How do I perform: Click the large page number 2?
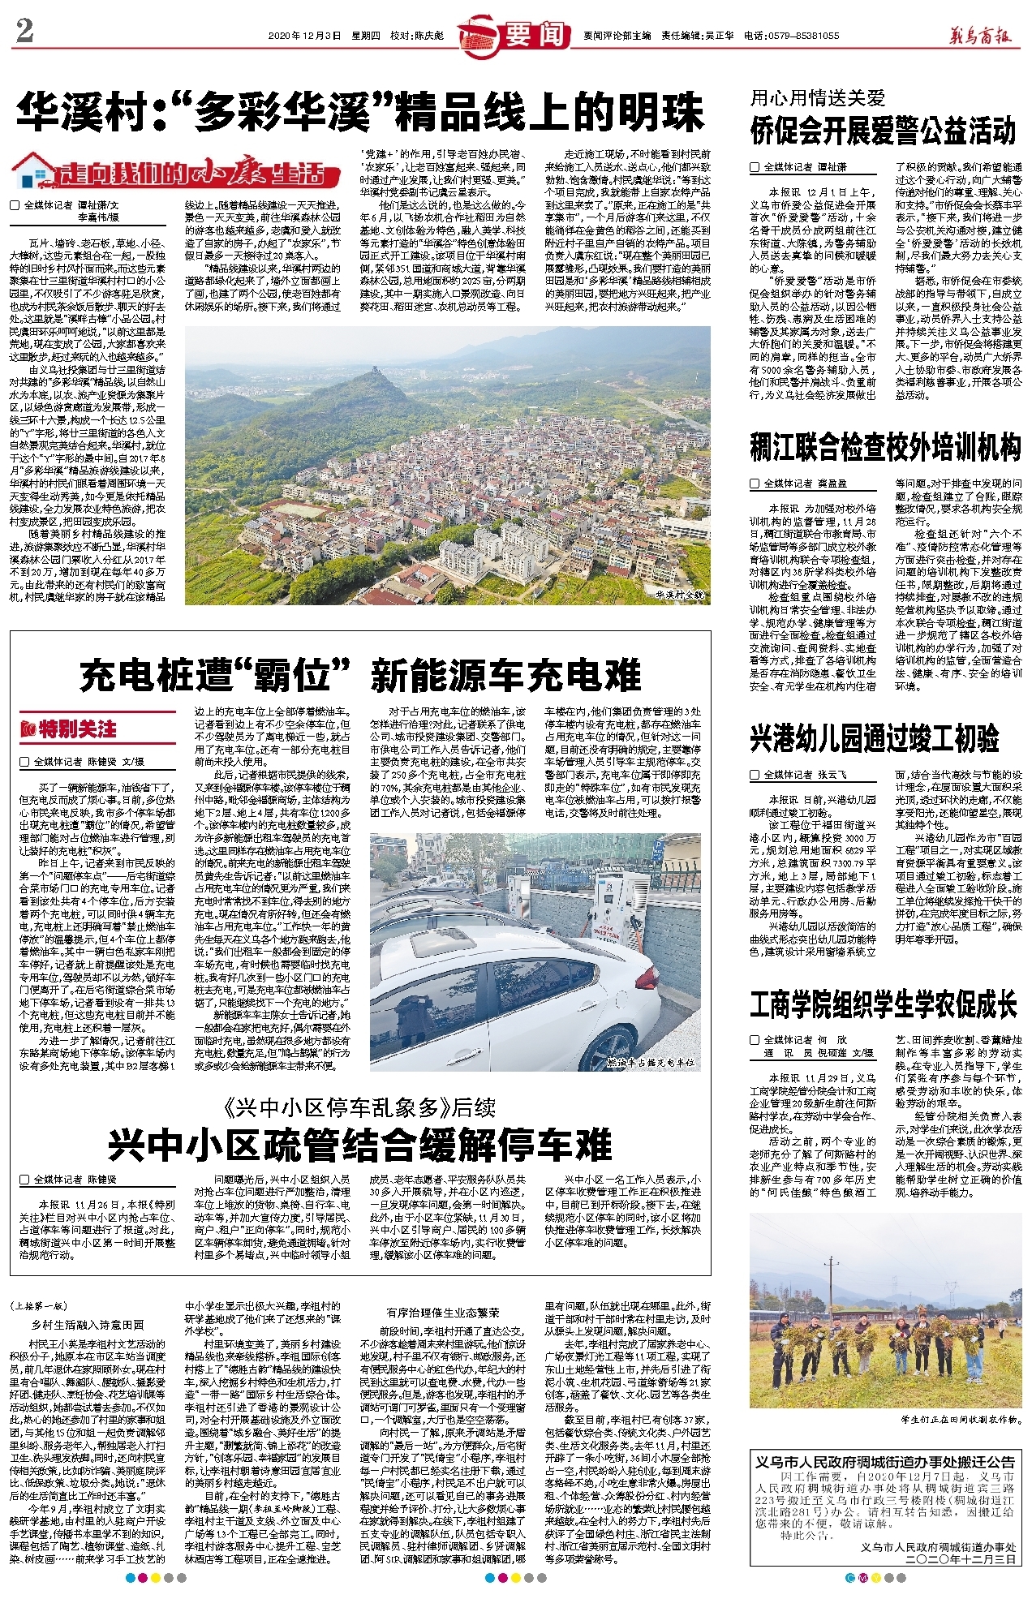24,30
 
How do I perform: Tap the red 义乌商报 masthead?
981,36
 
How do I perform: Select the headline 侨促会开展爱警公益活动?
883,130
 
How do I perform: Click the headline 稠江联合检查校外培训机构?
884,447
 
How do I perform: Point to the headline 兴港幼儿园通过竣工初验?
874,738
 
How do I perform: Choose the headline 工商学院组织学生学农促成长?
883,1004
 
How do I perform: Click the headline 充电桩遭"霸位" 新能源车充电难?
360,675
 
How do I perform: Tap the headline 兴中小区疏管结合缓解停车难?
360,1145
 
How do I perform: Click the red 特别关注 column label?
70,729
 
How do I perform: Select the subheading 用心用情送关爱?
817,98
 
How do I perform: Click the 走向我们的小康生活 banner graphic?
175,173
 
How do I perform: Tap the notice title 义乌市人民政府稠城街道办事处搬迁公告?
884,1461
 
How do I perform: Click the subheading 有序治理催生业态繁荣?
443,1312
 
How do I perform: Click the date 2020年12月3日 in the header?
304,36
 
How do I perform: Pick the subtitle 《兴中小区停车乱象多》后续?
360,1107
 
